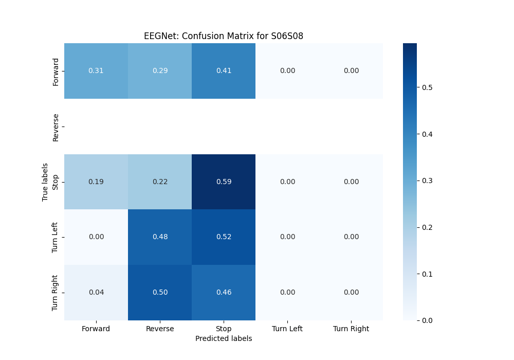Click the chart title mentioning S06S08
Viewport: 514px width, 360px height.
click(224, 36)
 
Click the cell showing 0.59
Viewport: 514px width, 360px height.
click(224, 182)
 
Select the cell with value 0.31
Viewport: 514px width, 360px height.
click(96, 70)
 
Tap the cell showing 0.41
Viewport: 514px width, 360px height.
click(224, 70)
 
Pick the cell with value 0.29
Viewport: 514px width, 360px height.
click(160, 70)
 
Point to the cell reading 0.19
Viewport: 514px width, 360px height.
click(96, 182)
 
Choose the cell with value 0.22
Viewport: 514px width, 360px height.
click(160, 182)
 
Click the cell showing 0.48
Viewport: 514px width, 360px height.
click(160, 237)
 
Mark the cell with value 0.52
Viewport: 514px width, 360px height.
click(224, 237)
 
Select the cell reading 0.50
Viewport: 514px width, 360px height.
click(160, 292)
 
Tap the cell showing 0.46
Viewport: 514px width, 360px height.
click(224, 292)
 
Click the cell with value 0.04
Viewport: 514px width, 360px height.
click(96, 292)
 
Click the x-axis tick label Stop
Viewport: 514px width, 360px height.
click(224, 329)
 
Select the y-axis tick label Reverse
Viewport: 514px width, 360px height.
click(56, 127)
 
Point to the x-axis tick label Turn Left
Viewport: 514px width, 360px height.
click(287, 329)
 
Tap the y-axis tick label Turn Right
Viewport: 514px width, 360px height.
click(56, 292)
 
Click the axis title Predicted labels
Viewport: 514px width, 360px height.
click(224, 338)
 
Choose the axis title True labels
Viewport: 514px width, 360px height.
click(45, 182)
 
